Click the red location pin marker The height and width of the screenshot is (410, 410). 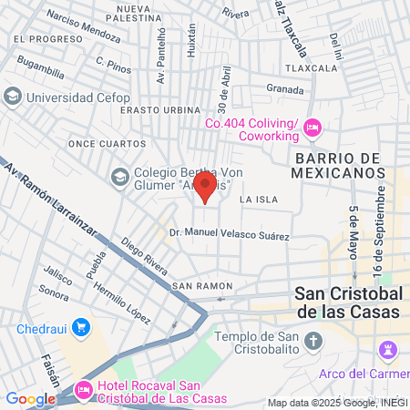(206, 187)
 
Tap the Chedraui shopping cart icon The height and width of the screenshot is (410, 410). (81, 326)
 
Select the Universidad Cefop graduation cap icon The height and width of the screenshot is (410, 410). (13, 96)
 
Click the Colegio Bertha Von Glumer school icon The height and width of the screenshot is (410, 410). (119, 176)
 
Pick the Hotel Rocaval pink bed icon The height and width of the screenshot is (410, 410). (84, 390)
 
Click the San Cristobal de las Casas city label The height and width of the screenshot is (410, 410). (348, 302)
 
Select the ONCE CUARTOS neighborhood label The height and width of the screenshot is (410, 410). (108, 143)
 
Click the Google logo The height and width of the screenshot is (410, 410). (30, 398)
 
